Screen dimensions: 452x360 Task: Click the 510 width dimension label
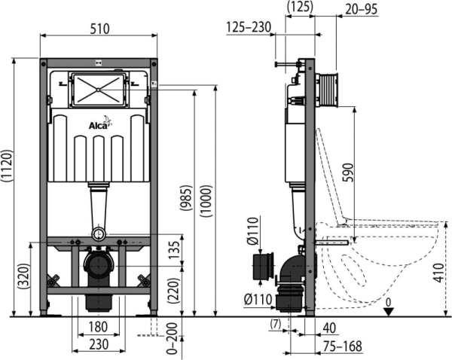tap(99, 29)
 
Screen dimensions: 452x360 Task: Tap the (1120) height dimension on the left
tap(7, 166)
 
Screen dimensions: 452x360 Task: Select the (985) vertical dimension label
tap(187, 198)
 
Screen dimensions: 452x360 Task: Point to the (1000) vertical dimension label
tap(206, 201)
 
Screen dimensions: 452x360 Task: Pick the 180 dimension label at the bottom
tap(98, 327)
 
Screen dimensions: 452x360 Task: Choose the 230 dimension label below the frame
tap(99, 344)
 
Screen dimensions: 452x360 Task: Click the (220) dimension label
tap(173, 291)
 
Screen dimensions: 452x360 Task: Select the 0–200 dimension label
tap(172, 338)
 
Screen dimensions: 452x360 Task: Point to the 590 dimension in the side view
tap(347, 172)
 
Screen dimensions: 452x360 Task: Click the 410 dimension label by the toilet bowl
tap(438, 273)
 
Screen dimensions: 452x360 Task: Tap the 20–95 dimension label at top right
tap(361, 9)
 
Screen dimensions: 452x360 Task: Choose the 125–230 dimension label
tap(249, 27)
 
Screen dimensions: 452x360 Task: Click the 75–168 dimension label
tap(342, 346)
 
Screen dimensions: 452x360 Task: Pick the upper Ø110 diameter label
tap(253, 231)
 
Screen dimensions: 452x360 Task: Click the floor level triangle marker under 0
tap(389, 312)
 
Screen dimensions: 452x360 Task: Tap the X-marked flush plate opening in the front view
tap(99, 90)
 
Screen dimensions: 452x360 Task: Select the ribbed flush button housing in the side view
tap(328, 90)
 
